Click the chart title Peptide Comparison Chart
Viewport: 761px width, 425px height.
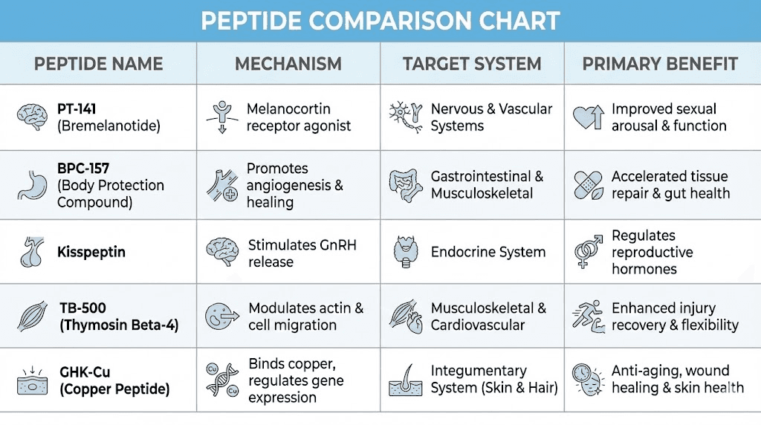coord(380,21)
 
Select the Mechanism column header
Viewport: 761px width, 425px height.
coord(288,64)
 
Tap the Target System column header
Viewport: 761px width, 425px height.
coord(472,64)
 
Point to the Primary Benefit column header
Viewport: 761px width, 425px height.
coord(659,64)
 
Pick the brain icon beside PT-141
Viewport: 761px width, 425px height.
coord(33,117)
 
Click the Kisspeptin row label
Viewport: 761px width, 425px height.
coord(91,252)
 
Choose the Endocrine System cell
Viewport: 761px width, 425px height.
coord(488,252)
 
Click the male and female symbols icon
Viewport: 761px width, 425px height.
coord(589,252)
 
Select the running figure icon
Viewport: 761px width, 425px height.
coord(587,315)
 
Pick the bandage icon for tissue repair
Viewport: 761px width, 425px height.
coord(588,185)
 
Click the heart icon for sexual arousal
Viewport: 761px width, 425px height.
coord(588,117)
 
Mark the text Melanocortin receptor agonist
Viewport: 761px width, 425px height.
coord(299,117)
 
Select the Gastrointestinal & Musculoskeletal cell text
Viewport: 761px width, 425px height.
coord(487,185)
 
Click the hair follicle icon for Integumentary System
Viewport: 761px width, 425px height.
coord(405,379)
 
